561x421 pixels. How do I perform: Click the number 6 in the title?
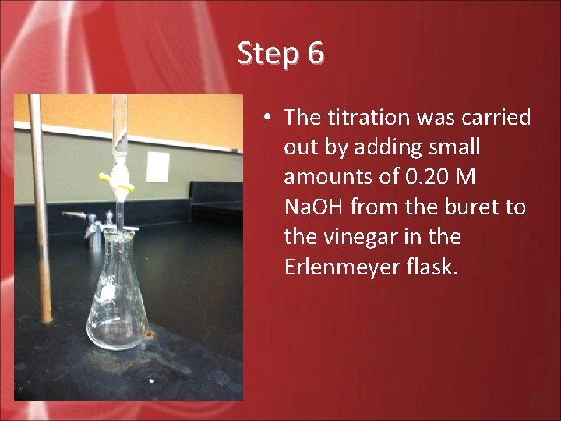pyautogui.click(x=316, y=54)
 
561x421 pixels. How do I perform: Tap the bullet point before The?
pyautogui.click(x=266, y=118)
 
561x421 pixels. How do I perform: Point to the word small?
pyautogui.click(x=451, y=147)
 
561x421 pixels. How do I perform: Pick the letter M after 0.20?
pyautogui.click(x=465, y=177)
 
